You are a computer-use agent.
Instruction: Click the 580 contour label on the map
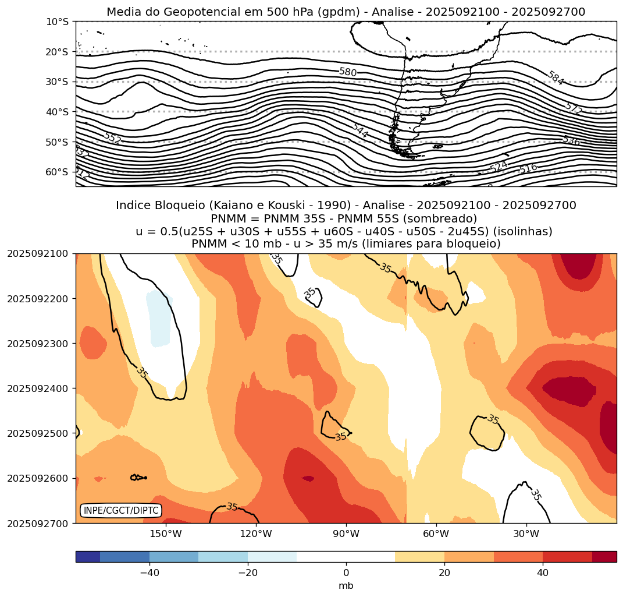coord(348,72)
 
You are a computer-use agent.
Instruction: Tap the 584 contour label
coord(556,78)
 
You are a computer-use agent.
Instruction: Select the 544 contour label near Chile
coord(360,130)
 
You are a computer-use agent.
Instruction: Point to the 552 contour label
coord(112,138)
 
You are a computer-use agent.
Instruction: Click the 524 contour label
coord(499,167)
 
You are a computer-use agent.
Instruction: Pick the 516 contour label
coord(528,168)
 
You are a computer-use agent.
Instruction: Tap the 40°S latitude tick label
coord(57,112)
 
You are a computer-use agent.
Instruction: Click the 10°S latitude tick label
coord(57,22)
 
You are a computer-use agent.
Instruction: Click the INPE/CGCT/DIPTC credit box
coord(121,511)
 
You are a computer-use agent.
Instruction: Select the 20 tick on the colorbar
coord(444,573)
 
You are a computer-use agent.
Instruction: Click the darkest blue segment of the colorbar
coord(88,557)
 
